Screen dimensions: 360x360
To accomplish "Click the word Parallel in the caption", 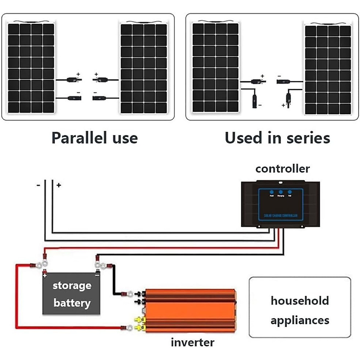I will (79, 138).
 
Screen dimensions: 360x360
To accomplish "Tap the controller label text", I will (282, 169).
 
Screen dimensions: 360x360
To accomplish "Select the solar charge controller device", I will (280, 204).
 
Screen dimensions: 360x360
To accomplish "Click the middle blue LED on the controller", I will (280, 192).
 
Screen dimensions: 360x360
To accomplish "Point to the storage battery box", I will (71, 293).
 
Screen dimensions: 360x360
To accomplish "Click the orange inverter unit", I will (190, 310).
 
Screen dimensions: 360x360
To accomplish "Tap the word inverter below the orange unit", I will (193, 342).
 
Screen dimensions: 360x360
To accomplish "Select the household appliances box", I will (300, 307).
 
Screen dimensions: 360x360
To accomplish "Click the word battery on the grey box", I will (72, 303).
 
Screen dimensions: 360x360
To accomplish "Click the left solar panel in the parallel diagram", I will (31, 68).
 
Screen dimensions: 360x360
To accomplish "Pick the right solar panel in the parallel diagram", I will (144, 69).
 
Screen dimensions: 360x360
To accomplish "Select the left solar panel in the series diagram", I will (215, 68).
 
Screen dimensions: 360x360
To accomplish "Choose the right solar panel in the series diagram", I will (328, 70).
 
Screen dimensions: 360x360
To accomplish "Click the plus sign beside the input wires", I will (59, 185).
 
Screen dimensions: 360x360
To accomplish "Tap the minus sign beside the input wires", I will (38, 185).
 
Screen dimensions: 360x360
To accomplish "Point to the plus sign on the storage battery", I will (45, 275).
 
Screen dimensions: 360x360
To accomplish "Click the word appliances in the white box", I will (300, 321).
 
